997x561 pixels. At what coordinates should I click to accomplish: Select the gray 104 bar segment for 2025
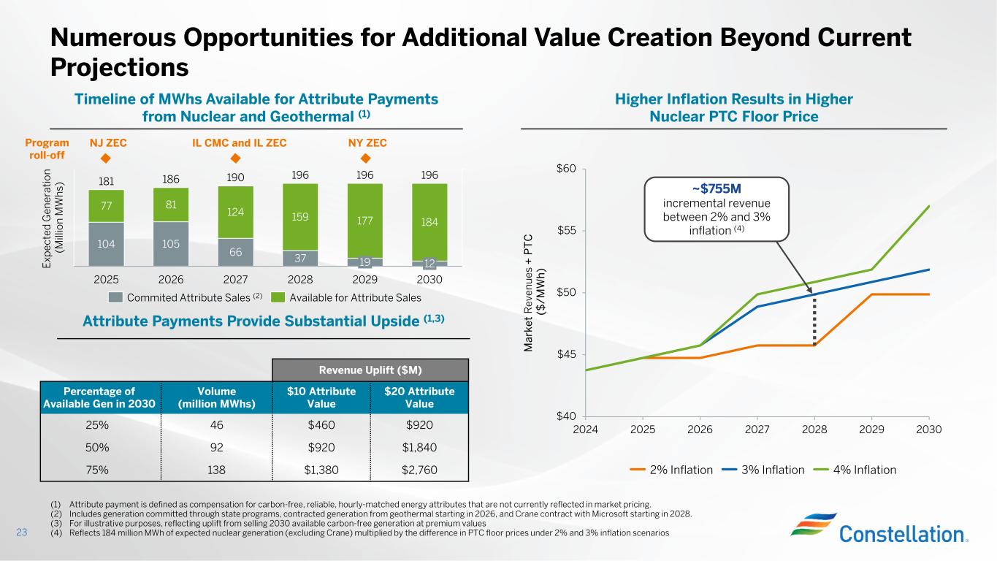tap(106, 243)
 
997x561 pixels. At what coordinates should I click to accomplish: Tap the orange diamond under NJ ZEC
tap(104, 159)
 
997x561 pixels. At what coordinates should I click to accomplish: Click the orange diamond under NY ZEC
tap(366, 159)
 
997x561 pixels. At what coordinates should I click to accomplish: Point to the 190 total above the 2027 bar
tap(235, 178)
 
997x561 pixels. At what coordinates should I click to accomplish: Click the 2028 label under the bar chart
tap(300, 279)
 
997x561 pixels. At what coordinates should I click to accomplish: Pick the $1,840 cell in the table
tap(419, 448)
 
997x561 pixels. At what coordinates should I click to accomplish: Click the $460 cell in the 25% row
tap(321, 425)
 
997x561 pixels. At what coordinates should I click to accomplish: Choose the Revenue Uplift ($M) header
tap(370, 370)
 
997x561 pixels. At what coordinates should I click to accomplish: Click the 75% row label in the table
tap(98, 470)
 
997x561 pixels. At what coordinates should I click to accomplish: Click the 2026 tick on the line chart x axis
tap(700, 429)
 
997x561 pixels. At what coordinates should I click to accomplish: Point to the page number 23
tap(22, 533)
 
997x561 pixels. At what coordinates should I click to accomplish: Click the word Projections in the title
tap(120, 67)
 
